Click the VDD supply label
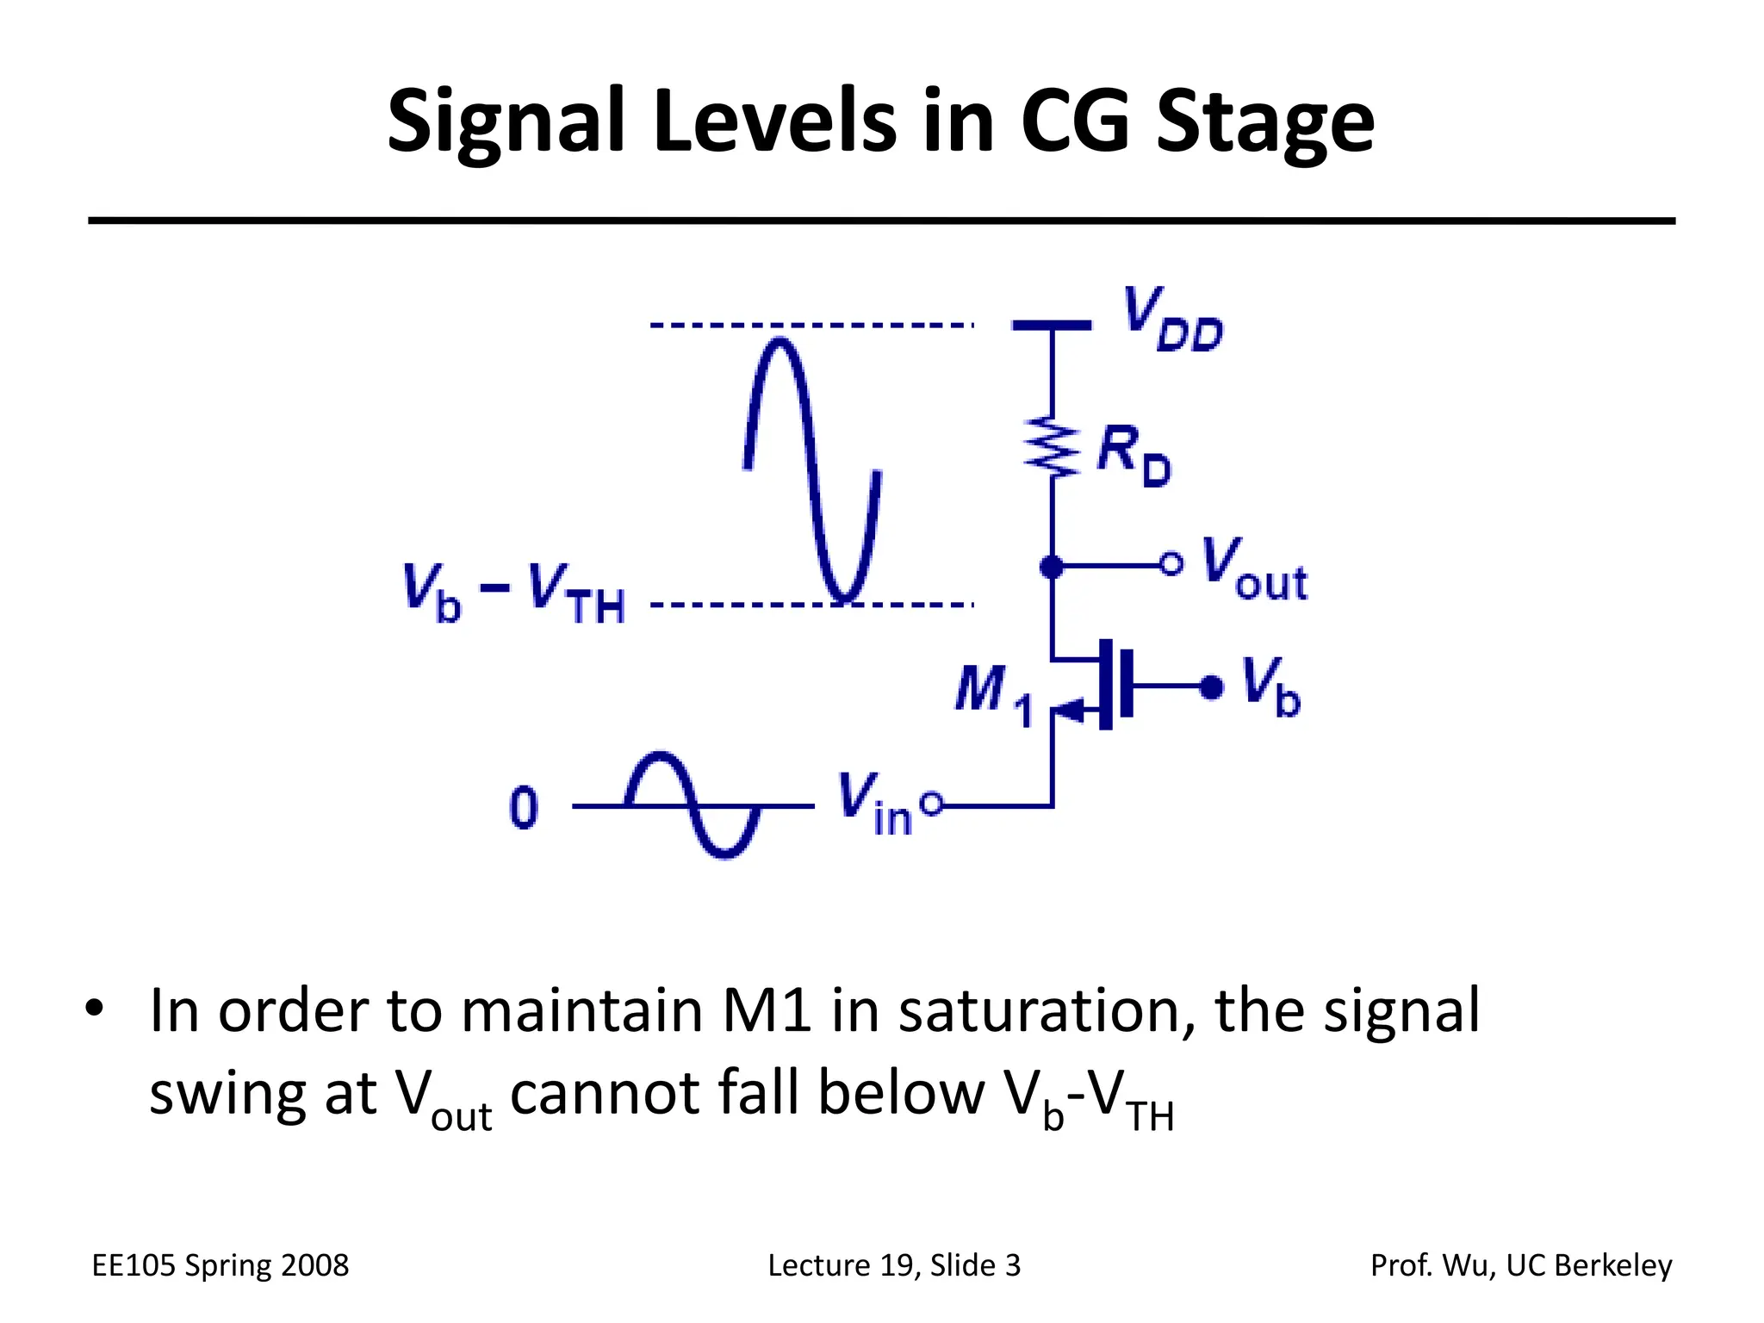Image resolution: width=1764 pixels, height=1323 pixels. click(1171, 320)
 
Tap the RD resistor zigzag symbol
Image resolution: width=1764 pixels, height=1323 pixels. click(1052, 446)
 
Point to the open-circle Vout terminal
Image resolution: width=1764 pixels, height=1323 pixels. click(1171, 565)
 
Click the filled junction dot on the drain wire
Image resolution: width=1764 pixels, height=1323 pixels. click(1052, 567)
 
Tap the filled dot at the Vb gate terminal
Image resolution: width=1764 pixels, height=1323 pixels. click(1211, 686)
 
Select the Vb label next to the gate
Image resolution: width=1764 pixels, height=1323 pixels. click(1270, 686)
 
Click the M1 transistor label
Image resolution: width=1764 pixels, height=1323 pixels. click(992, 694)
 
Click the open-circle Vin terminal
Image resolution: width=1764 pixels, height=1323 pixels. click(931, 804)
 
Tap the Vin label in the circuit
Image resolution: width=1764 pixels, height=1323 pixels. click(873, 804)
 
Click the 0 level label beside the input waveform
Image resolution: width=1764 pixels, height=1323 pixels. click(524, 807)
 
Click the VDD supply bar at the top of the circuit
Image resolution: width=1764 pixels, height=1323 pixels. click(1051, 326)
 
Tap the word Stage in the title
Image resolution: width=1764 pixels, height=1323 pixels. click(1264, 122)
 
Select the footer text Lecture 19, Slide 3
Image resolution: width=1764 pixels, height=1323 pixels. click(893, 1265)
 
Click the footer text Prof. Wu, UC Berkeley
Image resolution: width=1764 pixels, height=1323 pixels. click(1520, 1265)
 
